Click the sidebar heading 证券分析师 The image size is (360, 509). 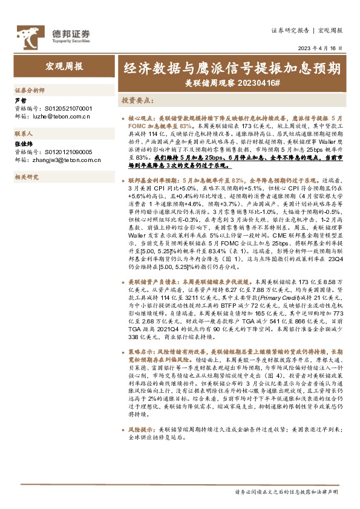(30, 89)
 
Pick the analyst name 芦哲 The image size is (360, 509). (20, 100)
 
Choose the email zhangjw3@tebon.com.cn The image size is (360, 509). (65, 160)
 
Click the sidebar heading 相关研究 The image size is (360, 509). (26, 177)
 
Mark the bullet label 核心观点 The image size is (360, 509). (140, 120)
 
